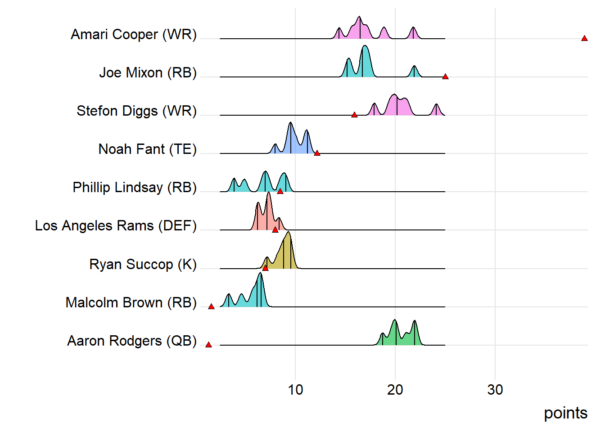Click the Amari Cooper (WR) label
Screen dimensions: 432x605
134,35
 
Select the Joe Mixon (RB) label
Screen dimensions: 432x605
148,73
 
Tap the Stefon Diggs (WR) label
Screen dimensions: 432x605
136,111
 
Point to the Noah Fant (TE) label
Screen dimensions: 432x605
147,149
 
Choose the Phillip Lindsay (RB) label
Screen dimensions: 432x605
135,188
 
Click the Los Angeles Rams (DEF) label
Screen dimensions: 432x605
116,226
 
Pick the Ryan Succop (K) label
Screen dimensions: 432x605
143,265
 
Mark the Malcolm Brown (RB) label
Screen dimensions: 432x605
131,303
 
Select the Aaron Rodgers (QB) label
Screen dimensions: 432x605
132,341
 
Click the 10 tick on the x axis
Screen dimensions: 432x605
295,390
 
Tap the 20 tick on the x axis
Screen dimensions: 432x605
395,390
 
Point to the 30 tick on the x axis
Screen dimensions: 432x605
495,390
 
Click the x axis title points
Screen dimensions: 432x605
565,413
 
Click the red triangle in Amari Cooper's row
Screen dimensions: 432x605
584,38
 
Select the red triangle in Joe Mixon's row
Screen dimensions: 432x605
445,76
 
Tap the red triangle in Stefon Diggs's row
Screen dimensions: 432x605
354,115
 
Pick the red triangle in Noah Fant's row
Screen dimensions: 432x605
317,153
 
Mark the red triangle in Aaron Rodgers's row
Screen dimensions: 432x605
208,345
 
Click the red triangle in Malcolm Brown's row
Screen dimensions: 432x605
211,306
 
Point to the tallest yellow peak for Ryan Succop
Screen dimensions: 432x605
289,233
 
